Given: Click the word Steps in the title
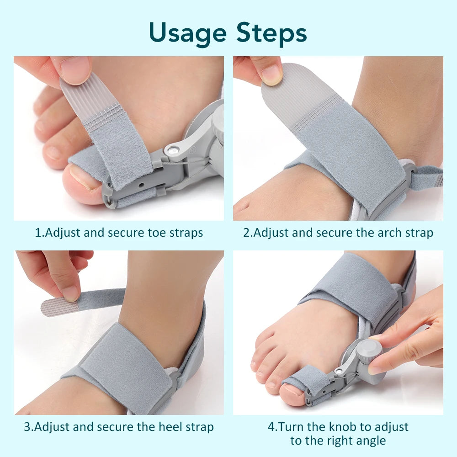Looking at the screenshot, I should [271, 33].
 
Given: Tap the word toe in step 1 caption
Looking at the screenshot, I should [159, 233].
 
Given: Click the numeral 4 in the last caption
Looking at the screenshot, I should [271, 427].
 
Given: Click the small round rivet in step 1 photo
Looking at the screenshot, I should [173, 149].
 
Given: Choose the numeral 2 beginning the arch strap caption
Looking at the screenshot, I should [246, 233].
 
